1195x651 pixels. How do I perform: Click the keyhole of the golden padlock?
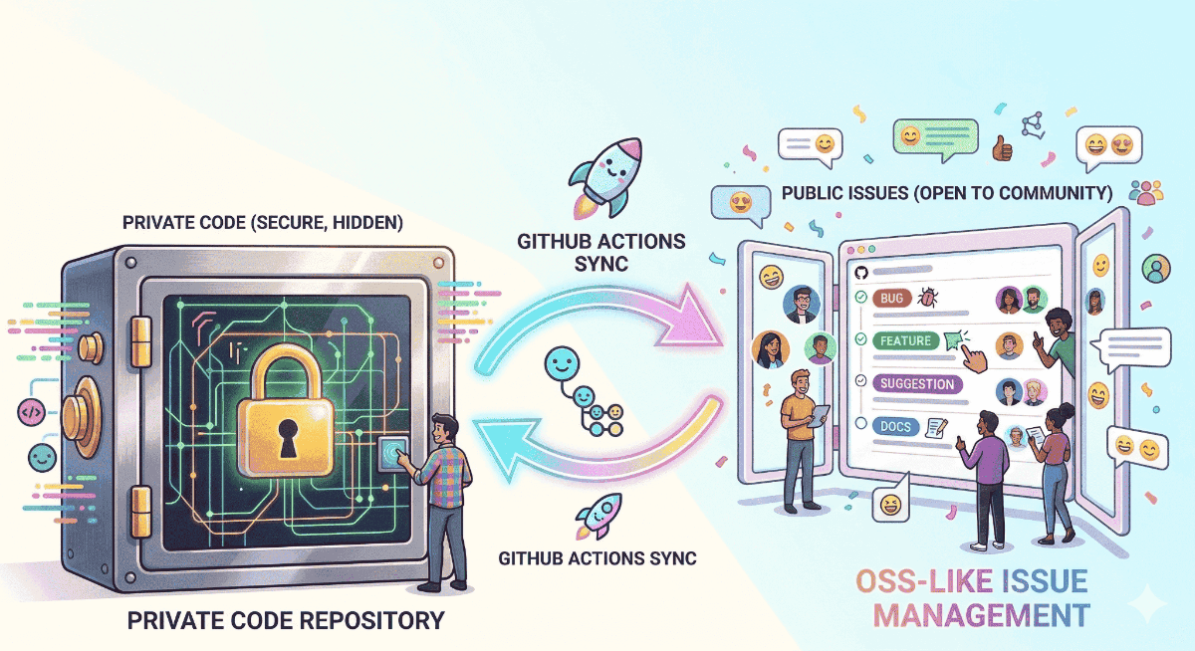[x=289, y=439]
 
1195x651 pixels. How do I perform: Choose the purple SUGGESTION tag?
[x=916, y=384]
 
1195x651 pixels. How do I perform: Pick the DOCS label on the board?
[x=894, y=426]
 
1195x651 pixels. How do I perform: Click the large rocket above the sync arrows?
[x=599, y=179]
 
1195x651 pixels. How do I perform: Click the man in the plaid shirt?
[x=438, y=488]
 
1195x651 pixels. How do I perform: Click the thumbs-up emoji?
[x=1000, y=151]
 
